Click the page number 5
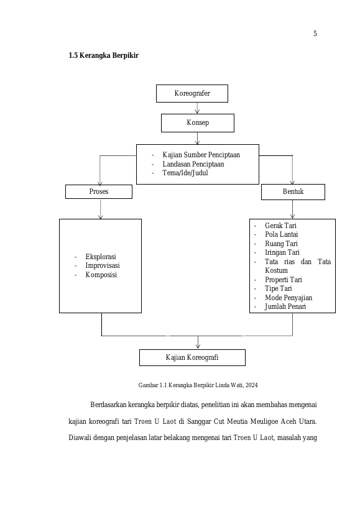point(315,34)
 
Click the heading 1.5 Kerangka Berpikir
point(104,55)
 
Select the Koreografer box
point(192,93)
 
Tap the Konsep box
point(197,123)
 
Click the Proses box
point(99,191)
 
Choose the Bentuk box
point(293,192)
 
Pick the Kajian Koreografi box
point(192,357)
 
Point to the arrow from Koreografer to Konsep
point(197,108)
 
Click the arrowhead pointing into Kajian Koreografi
point(198,346)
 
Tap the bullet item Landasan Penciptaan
point(193,164)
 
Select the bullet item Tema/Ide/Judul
point(185,173)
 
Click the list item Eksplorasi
point(101,257)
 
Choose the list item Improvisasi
point(103,265)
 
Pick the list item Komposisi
point(101,275)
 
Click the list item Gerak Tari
point(280,226)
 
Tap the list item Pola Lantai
point(281,234)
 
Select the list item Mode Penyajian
point(288,298)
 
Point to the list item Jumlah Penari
point(285,306)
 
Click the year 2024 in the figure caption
point(252,385)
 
